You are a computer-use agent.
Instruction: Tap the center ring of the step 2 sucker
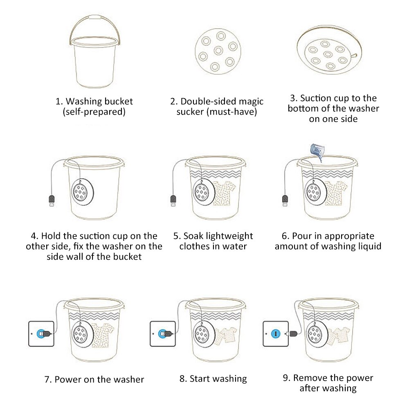(218, 50)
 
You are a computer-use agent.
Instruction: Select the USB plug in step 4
(51, 201)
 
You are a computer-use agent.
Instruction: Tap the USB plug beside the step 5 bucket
(173, 201)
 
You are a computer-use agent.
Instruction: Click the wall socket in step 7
(41, 334)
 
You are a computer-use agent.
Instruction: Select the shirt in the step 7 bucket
(102, 333)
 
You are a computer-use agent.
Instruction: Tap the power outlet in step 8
(162, 334)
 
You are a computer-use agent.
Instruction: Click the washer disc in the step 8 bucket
(202, 332)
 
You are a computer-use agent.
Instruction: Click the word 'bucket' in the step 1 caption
(119, 101)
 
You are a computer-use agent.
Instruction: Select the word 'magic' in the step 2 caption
(249, 101)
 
